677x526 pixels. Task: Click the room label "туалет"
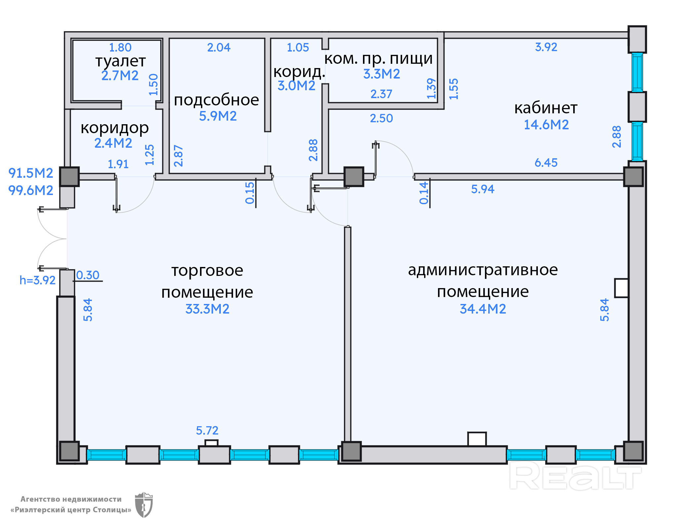pyautogui.click(x=120, y=61)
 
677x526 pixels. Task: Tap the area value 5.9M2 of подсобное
pyautogui.click(x=218, y=116)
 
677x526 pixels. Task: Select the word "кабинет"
pyautogui.click(x=546, y=108)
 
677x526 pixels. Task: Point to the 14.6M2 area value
pyautogui.click(x=546, y=125)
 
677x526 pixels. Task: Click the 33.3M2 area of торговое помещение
pyautogui.click(x=207, y=309)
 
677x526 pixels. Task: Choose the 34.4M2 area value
pyautogui.click(x=483, y=309)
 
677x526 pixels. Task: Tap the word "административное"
pyautogui.click(x=483, y=270)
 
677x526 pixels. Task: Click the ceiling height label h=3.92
pyautogui.click(x=37, y=281)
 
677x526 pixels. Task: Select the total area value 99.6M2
pyautogui.click(x=30, y=191)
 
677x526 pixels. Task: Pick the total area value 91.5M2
pyautogui.click(x=30, y=173)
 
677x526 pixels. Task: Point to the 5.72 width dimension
pyautogui.click(x=207, y=431)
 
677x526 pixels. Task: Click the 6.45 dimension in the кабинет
pyautogui.click(x=546, y=163)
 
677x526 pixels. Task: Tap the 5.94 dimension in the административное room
pyautogui.click(x=482, y=189)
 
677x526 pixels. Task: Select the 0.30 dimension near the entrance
pyautogui.click(x=88, y=275)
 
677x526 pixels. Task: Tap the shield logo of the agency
pyautogui.click(x=144, y=505)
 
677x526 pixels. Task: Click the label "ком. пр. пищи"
pyautogui.click(x=378, y=59)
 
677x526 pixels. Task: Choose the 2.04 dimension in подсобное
pyautogui.click(x=219, y=48)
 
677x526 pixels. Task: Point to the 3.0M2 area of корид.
pyautogui.click(x=296, y=86)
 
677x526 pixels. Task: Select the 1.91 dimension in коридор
pyautogui.click(x=118, y=164)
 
